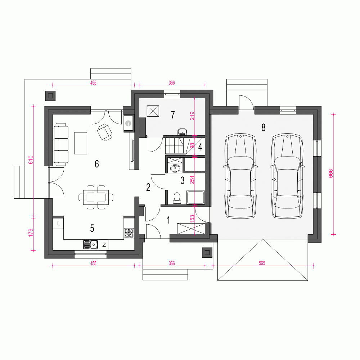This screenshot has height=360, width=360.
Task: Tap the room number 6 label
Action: pyautogui.click(x=96, y=164)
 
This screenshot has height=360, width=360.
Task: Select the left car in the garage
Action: pyautogui.click(x=240, y=176)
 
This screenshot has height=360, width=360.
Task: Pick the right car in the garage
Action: pyautogui.click(x=287, y=176)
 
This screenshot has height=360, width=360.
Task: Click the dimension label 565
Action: pyautogui.click(x=262, y=263)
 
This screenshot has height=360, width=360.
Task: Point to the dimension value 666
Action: pyautogui.click(x=330, y=174)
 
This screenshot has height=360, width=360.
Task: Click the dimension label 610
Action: pyautogui.click(x=31, y=160)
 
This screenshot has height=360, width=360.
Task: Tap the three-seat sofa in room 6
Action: pyautogui.click(x=61, y=144)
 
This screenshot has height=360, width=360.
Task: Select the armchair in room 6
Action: pyautogui.click(x=105, y=132)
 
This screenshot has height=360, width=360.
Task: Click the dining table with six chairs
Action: pyautogui.click(x=96, y=197)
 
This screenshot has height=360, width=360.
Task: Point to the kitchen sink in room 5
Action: pyautogui.click(x=90, y=244)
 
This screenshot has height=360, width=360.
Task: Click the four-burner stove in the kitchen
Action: pyautogui.click(x=129, y=233)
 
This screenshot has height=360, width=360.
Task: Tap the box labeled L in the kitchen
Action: pyautogui.click(x=59, y=224)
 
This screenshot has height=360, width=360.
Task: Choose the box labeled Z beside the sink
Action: pyautogui.click(x=104, y=245)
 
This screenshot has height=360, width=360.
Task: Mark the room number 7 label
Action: pyautogui.click(x=173, y=114)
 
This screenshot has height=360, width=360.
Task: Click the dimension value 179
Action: pyautogui.click(x=31, y=233)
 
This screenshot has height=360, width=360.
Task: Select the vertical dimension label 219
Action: pyautogui.click(x=192, y=116)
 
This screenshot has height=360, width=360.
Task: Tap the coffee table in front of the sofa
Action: pyautogui.click(x=81, y=143)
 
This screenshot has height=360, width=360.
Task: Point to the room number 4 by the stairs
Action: pyautogui.click(x=200, y=147)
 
